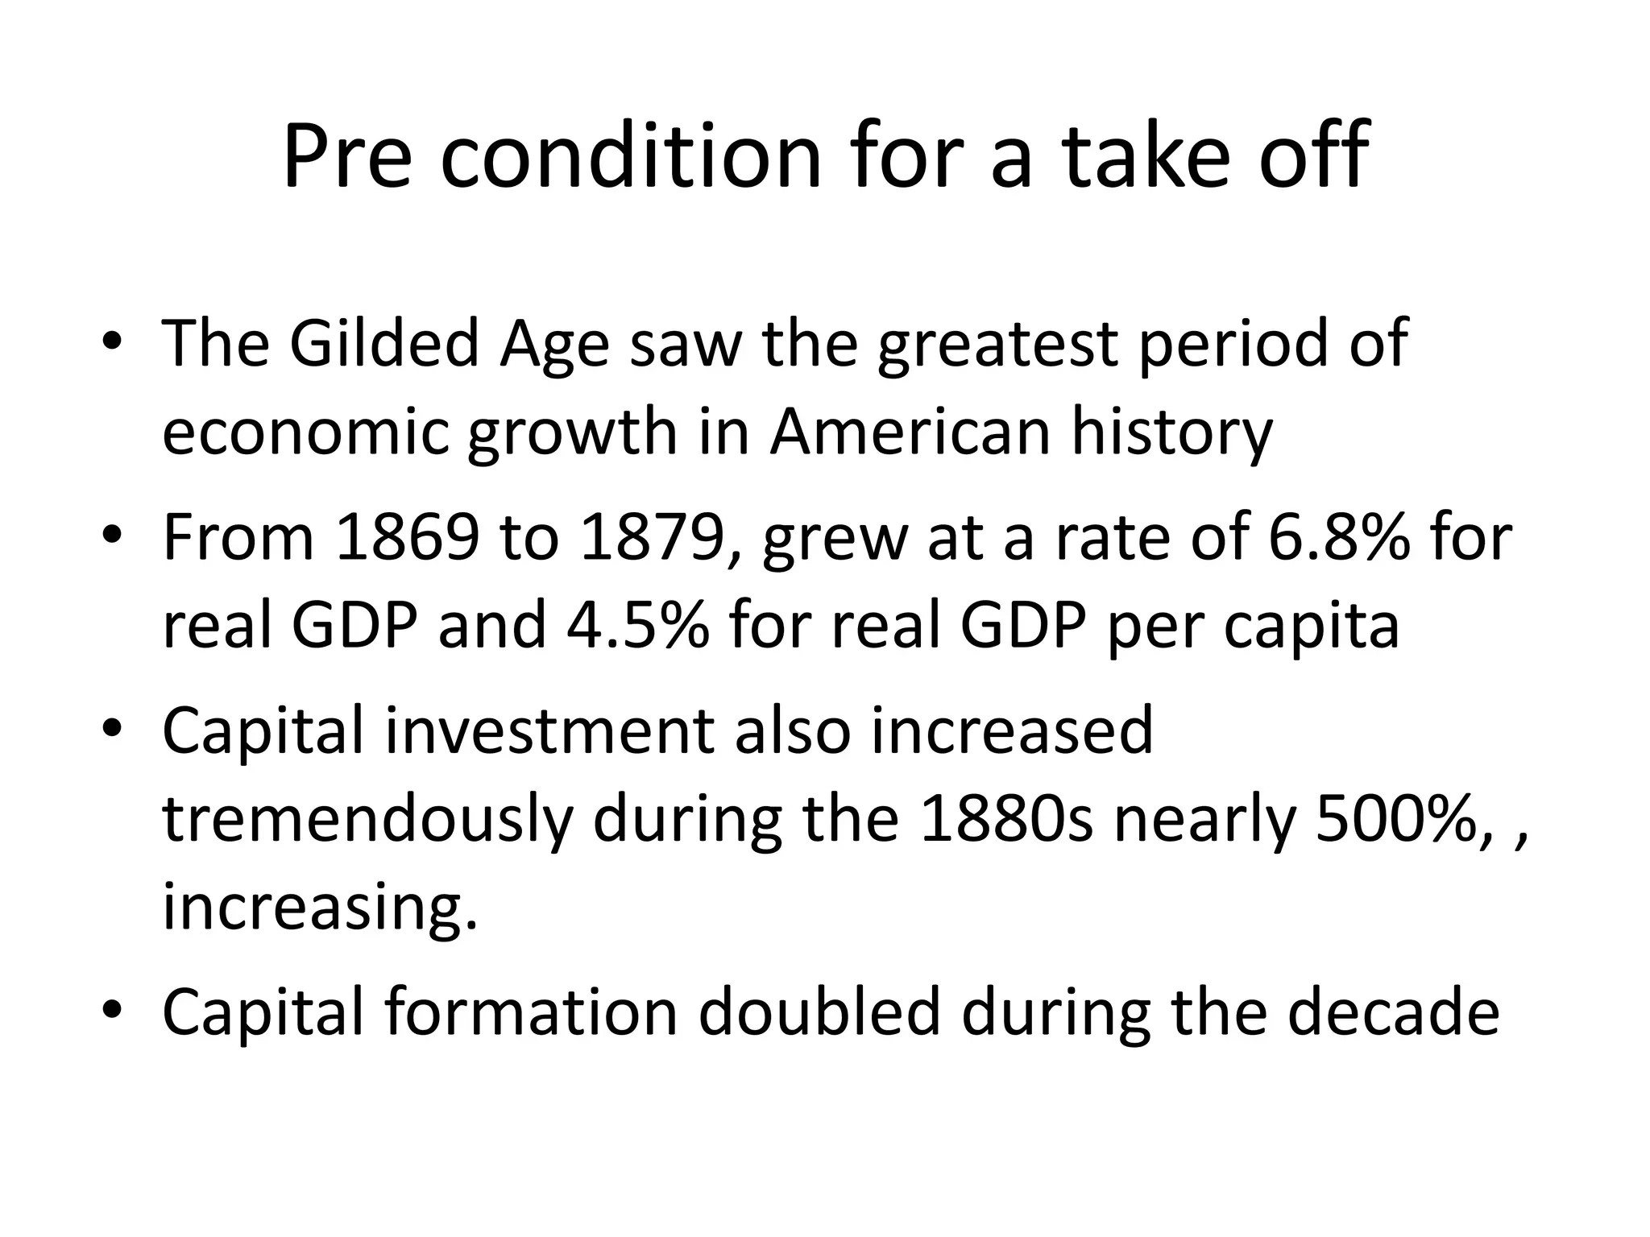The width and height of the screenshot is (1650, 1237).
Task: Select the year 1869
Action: click(x=407, y=538)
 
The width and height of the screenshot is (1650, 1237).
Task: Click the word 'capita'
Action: click(x=1311, y=626)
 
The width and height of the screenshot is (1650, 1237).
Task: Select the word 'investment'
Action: click(x=549, y=731)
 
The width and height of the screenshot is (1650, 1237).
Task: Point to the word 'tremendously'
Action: click(x=367, y=819)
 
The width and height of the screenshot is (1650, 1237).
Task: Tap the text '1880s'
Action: click(x=1005, y=819)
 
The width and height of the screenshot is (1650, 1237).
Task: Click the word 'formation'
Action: click(x=531, y=1012)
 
